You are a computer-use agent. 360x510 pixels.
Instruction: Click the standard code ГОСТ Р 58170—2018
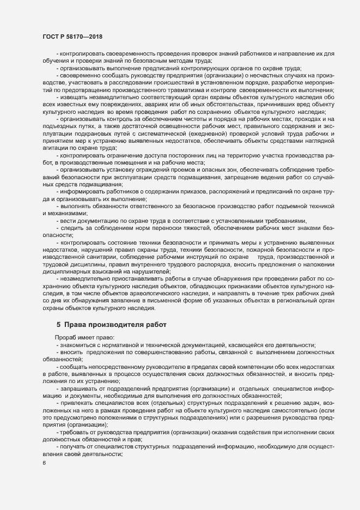tap(72, 36)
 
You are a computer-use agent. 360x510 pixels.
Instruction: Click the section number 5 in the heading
tap(59, 325)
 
